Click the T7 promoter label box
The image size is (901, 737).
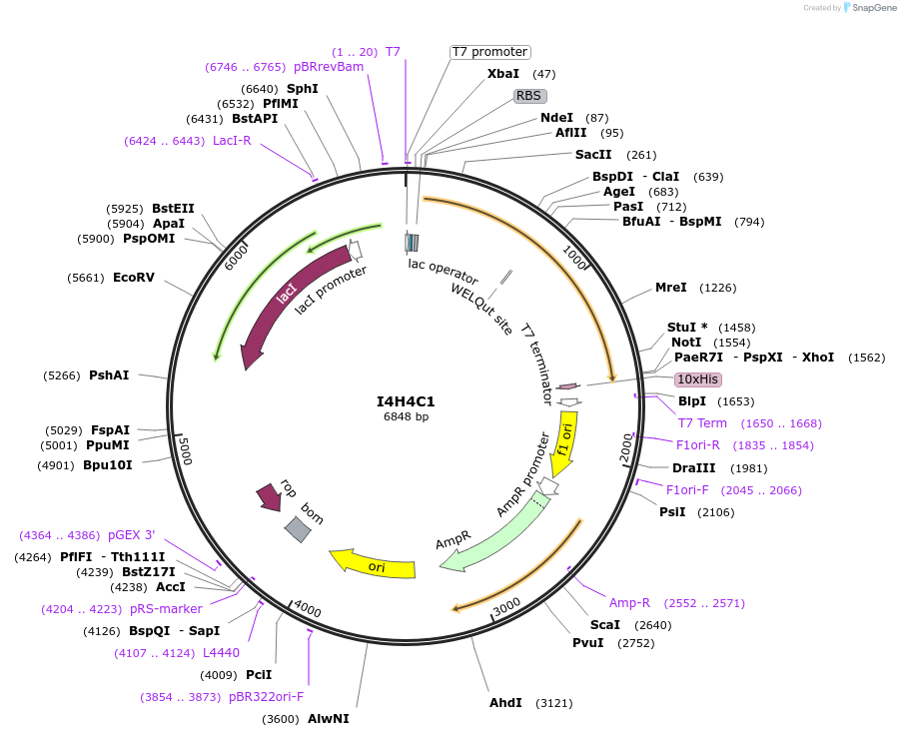[489, 52]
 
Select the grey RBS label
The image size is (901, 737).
[529, 96]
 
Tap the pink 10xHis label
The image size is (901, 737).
[698, 379]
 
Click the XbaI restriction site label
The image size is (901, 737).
[503, 74]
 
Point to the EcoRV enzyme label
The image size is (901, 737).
[134, 277]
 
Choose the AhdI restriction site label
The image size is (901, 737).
[506, 702]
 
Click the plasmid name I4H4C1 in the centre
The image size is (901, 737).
[406, 401]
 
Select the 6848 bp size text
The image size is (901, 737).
[406, 416]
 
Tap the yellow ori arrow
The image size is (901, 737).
[373, 564]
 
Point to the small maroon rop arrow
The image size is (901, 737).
[270, 495]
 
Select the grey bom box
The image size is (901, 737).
[297, 529]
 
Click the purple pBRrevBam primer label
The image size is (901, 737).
[329, 67]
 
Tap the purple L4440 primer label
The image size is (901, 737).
[221, 653]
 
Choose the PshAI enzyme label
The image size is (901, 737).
[109, 375]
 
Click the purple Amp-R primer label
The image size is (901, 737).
[629, 602]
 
